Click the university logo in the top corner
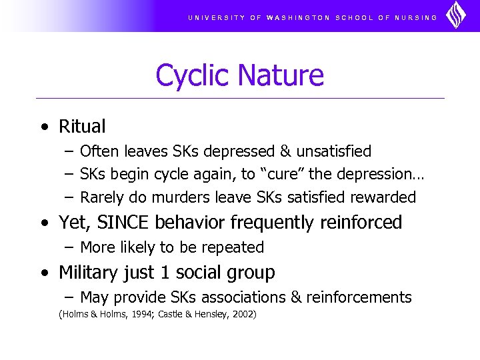point(457,15)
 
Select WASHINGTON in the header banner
point(298,17)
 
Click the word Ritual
point(82,126)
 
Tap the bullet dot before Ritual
point(43,127)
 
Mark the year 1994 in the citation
point(141,314)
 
